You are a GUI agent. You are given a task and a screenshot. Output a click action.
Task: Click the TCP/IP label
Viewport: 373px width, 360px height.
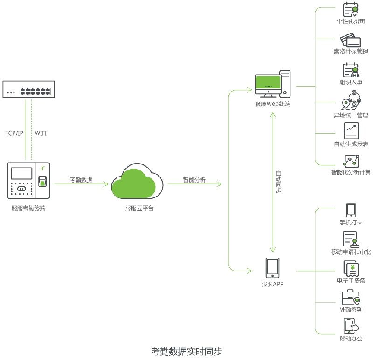(x=14, y=133)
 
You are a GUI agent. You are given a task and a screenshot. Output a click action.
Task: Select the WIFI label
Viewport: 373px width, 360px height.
(x=41, y=133)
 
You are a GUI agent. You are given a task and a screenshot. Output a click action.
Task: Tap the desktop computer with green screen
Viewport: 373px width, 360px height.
(x=272, y=84)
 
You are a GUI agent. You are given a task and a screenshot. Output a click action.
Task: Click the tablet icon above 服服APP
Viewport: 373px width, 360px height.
(x=272, y=268)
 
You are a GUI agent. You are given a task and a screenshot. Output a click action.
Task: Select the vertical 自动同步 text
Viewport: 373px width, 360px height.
(x=278, y=182)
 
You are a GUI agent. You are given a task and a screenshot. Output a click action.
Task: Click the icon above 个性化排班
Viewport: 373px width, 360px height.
(x=351, y=10)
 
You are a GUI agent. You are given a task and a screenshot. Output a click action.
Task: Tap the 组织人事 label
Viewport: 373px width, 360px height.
(x=351, y=82)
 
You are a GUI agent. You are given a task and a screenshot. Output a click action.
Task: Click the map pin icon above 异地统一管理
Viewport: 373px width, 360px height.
(x=351, y=102)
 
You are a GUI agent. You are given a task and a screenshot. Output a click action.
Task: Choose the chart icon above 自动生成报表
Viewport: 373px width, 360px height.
(x=351, y=131)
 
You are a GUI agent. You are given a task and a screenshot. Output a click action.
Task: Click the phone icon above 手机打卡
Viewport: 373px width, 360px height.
(x=351, y=210)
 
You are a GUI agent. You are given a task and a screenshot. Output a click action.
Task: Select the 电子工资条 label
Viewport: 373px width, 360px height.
(x=351, y=281)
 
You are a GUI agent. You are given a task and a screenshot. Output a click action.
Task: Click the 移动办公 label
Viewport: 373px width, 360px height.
(x=351, y=338)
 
